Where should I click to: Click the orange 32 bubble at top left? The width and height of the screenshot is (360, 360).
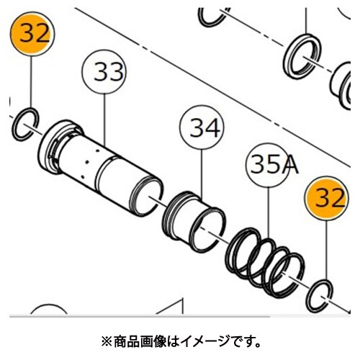click(32, 34)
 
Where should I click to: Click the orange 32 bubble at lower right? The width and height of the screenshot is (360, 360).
click(327, 198)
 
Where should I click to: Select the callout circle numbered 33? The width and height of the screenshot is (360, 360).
click(104, 71)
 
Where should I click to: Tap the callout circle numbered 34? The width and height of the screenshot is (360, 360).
click(202, 127)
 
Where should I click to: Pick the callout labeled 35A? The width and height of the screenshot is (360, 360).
click(269, 165)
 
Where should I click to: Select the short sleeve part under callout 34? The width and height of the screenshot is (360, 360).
click(194, 221)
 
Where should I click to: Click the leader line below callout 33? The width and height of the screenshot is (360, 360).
click(104, 120)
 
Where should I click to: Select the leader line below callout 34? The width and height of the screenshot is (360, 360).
click(202, 174)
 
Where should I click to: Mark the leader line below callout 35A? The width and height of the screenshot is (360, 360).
click(269, 213)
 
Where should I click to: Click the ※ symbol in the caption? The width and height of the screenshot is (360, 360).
click(106, 342)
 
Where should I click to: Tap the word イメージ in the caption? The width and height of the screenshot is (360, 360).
click(207, 342)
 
